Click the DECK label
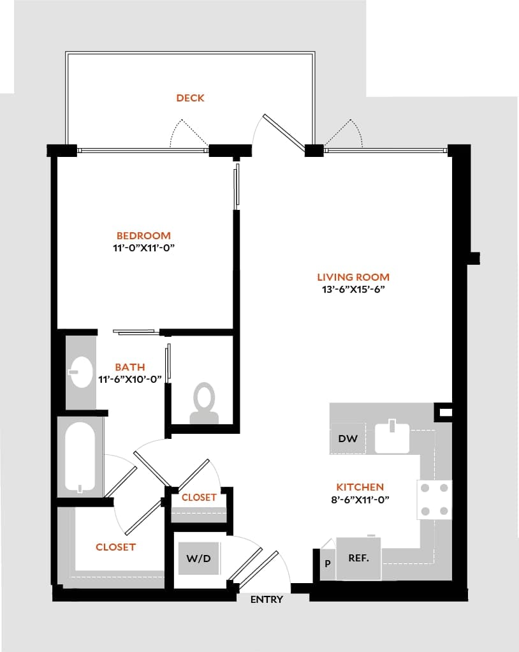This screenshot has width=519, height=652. pos(190,98)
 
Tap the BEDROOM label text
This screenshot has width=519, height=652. pos(143,235)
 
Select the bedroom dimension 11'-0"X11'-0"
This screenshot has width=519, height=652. pos(143,247)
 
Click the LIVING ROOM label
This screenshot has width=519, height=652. pos(353,277)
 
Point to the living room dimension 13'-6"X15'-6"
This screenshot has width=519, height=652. pos(353,288)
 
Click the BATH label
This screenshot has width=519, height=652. pos(130,367)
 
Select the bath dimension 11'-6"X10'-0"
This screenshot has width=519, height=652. pos(130,378)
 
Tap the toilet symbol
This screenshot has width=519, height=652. pos(204,403)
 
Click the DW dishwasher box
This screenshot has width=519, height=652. pos(347,439)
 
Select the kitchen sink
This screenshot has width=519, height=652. pos(391,436)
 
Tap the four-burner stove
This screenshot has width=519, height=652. pos(435,500)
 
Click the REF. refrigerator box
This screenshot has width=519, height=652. pos(358,558)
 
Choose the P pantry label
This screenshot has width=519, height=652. pos(327,564)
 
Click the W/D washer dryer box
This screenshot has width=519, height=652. pos(198,558)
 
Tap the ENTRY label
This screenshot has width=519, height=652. pos(267,600)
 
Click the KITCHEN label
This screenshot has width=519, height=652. pos(361,487)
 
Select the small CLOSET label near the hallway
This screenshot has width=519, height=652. pos(199,497)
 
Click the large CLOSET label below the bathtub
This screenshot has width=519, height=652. pos(115,547)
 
